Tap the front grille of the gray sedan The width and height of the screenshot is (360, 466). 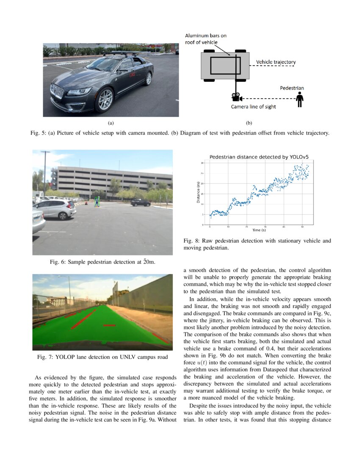click(57, 92)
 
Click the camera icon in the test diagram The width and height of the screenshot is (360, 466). click(235, 97)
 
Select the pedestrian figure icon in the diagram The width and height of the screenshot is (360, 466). click(300, 100)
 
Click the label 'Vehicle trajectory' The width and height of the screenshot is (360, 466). click(276, 62)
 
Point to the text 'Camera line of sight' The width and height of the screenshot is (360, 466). click(253, 107)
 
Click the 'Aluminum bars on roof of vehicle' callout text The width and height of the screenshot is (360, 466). click(206, 39)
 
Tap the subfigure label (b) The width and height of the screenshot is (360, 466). click(249, 123)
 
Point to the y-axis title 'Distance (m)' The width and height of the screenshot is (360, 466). click(198, 192)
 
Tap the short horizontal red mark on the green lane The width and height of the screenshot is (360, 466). click(110, 325)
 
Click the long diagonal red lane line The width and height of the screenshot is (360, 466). click(83, 319)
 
